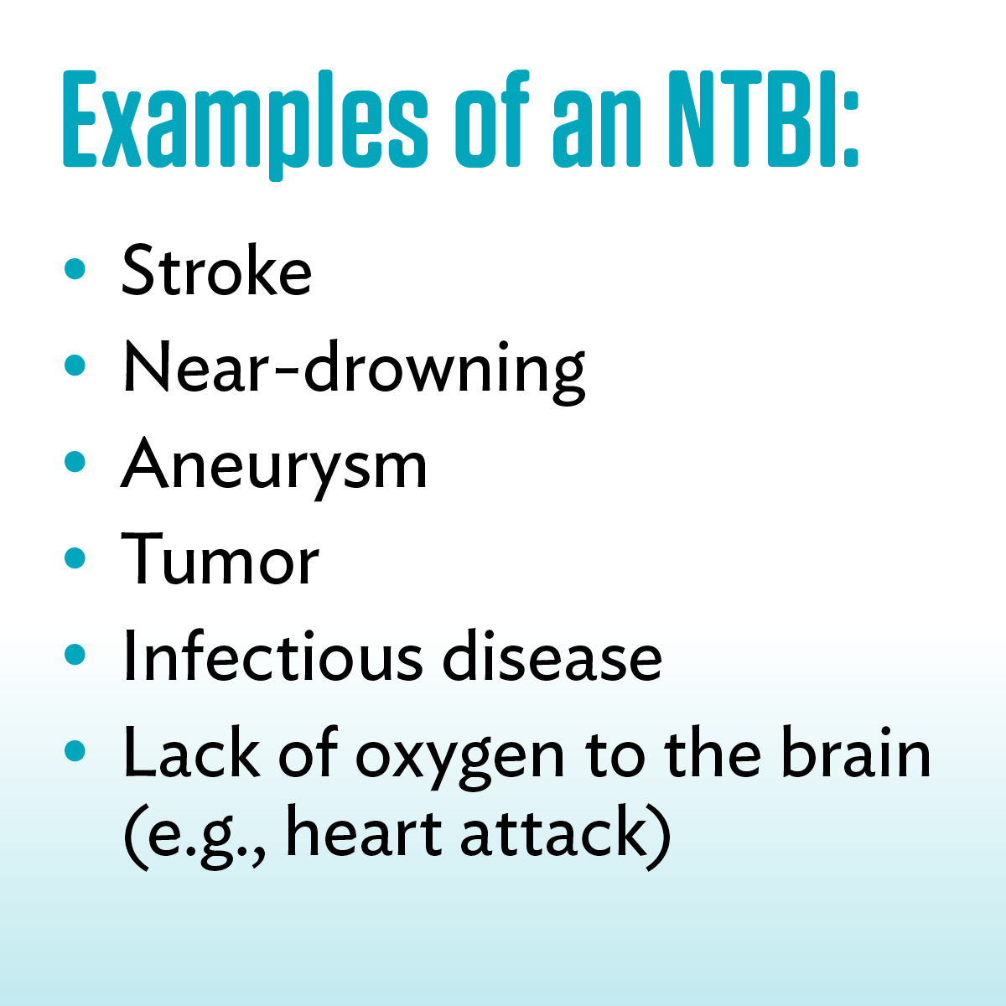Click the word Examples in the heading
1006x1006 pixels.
[245, 125]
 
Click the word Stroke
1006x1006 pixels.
[216, 271]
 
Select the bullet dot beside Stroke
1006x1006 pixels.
[75, 269]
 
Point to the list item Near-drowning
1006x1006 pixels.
[354, 372]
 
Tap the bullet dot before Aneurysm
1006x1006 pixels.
[75, 461]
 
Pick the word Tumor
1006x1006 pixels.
[220, 559]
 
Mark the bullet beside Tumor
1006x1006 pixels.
[75, 558]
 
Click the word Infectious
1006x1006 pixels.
[272, 655]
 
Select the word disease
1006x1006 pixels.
[552, 655]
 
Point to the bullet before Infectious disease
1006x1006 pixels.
[75, 654]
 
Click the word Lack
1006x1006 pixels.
[191, 752]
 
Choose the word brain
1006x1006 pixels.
[856, 750]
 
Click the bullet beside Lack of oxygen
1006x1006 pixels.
[75, 750]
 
